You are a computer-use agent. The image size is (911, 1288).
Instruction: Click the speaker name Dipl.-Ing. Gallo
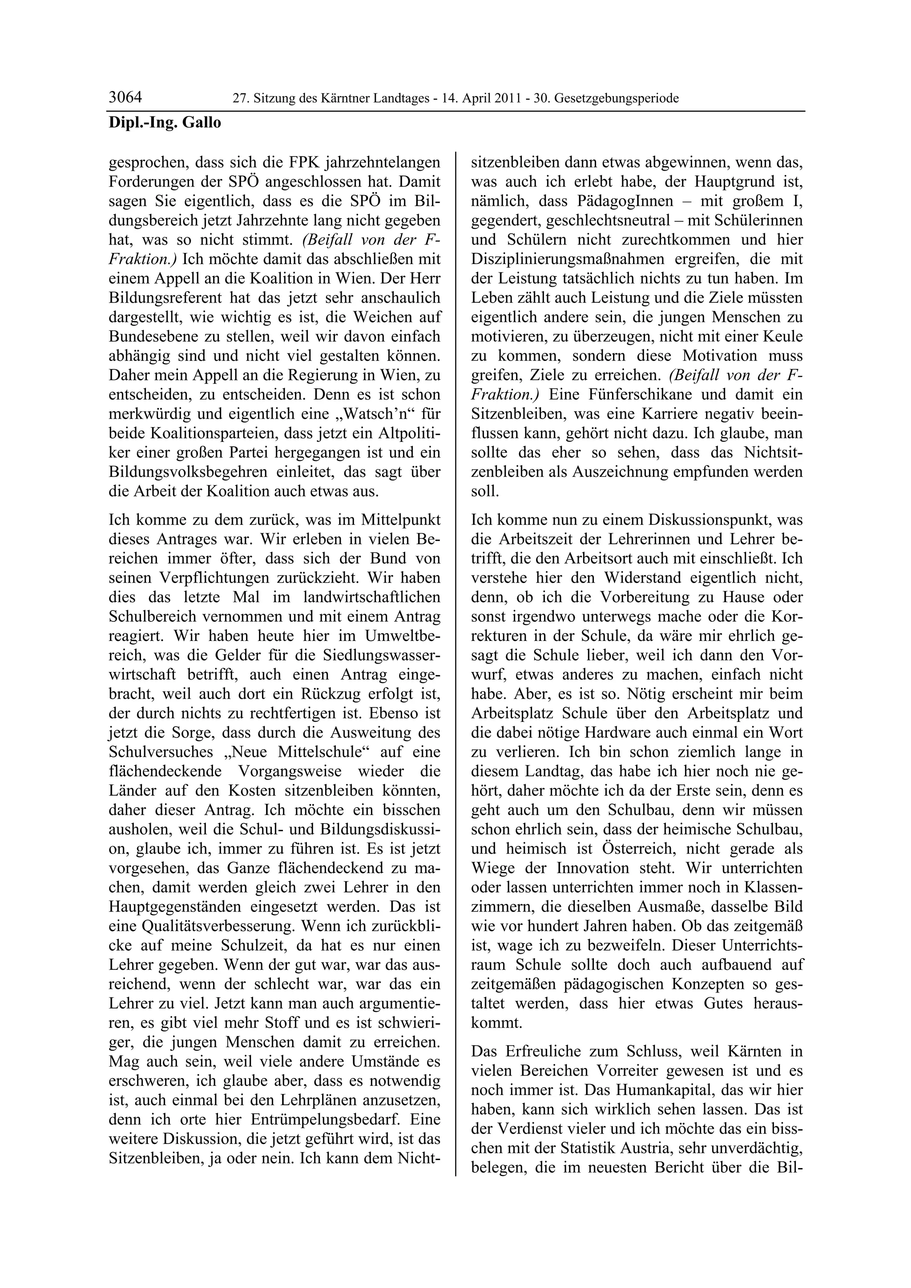165,122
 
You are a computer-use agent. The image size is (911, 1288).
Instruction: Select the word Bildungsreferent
169,298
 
